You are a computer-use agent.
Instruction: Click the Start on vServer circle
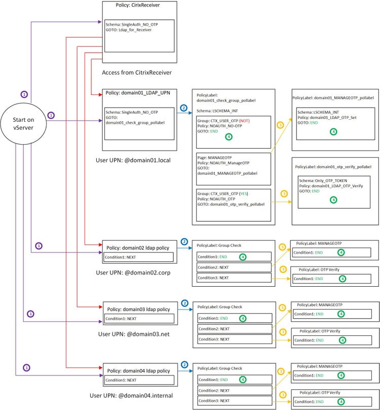coord(23,124)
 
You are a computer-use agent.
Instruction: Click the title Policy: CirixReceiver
coord(138,5)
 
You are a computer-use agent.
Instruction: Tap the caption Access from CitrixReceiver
coord(137,73)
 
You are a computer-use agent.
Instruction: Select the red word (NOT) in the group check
coord(244,121)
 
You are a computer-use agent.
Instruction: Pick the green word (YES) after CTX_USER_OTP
coord(244,194)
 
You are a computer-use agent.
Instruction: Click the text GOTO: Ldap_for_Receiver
coord(129,30)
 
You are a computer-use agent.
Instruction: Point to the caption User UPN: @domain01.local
coord(133,160)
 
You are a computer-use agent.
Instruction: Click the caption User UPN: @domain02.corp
coord(133,272)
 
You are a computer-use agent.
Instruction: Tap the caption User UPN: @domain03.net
coord(134,334)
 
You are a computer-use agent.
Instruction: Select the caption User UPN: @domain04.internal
coord(131,395)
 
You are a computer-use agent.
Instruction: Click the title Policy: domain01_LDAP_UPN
coord(138,93)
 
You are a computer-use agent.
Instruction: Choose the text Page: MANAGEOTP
coord(214,158)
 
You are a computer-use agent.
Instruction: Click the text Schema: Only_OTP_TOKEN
coord(323,181)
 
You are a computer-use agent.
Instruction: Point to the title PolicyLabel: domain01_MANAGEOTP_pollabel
coord(333,98)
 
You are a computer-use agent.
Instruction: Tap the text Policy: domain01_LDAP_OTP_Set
coord(327,117)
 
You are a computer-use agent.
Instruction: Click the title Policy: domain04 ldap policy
coord(138,371)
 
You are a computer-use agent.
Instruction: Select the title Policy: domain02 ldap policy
coord(138,248)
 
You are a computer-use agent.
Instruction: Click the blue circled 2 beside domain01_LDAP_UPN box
coord(183,108)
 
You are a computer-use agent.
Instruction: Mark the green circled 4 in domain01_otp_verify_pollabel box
coord(333,200)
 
